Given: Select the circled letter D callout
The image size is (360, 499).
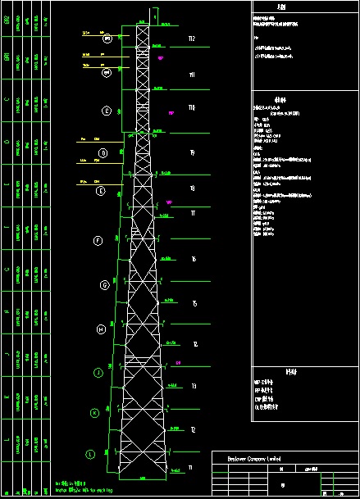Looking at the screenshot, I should click(103, 153).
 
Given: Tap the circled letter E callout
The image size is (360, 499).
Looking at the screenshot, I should click(101, 191).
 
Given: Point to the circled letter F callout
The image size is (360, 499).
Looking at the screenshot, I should click(98, 241).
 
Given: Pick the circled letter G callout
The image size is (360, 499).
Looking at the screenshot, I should click(104, 285).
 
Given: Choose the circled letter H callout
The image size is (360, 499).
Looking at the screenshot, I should click(101, 329).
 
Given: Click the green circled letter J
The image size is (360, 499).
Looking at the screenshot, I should click(98, 373).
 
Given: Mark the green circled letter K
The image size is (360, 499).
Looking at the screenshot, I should click(94, 413).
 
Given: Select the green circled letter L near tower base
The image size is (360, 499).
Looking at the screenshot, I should click(90, 453).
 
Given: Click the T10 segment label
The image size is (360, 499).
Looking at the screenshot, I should click(192, 107).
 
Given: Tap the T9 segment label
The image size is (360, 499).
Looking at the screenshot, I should click(192, 153).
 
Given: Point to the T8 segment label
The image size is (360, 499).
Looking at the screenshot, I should click(192, 188).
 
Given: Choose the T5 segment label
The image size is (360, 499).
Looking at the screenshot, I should click(194, 304).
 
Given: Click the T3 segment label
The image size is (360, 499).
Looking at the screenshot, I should click(193, 386).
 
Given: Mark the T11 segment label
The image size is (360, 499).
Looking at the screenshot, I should click(192, 75).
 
